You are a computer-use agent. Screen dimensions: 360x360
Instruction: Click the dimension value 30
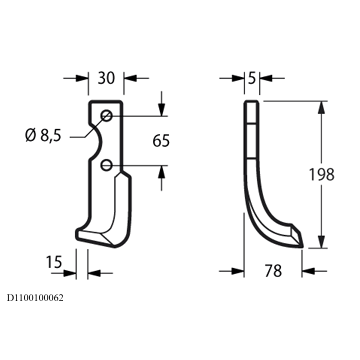point(106,78)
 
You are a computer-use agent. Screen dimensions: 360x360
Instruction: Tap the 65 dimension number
point(161,141)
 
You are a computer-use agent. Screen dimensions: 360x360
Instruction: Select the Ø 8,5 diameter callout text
point(44,136)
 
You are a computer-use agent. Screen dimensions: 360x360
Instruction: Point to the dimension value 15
point(54,262)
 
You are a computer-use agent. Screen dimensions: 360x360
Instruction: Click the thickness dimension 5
point(252,78)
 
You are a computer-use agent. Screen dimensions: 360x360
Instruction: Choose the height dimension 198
point(321,174)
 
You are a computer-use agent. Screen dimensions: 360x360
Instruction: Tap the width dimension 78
point(273,271)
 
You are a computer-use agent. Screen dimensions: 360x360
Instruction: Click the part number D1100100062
point(35,298)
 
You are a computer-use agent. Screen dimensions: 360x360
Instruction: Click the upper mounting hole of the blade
point(107,116)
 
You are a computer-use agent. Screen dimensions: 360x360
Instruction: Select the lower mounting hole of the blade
point(106,165)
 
